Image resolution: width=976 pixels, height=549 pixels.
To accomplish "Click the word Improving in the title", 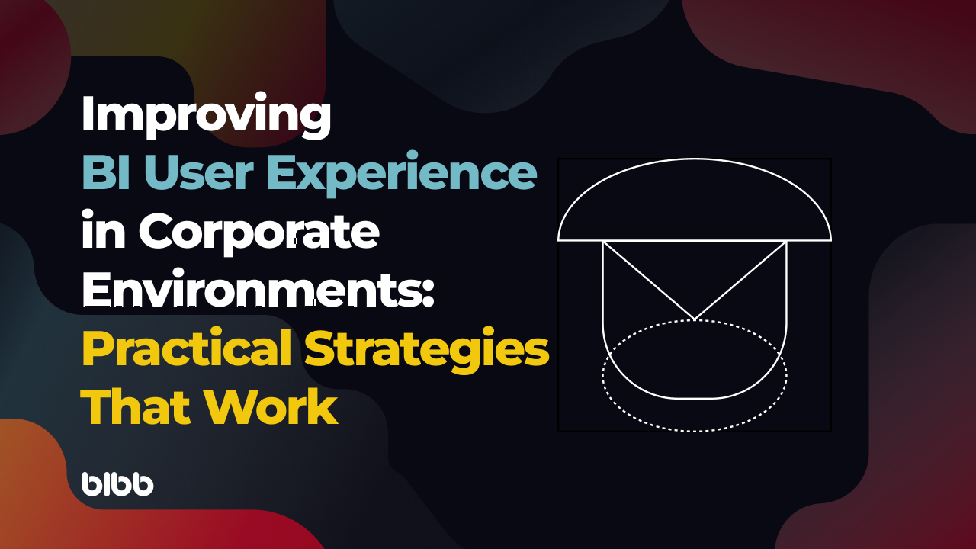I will pos(206,116).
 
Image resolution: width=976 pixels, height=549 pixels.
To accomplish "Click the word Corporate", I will pos(258,233).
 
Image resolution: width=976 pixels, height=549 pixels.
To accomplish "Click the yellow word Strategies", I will pos(427,349).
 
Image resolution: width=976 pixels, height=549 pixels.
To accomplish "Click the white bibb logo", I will pos(117,484).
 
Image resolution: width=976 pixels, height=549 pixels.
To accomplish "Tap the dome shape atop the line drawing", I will pos(694,202).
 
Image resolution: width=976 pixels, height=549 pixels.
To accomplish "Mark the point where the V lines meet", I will pos(695,319).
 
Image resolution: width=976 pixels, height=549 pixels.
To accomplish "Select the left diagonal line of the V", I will pos(648,280).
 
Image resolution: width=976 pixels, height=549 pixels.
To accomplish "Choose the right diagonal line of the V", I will pos(740,280).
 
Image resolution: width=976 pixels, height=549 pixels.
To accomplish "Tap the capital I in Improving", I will pos(87,116).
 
